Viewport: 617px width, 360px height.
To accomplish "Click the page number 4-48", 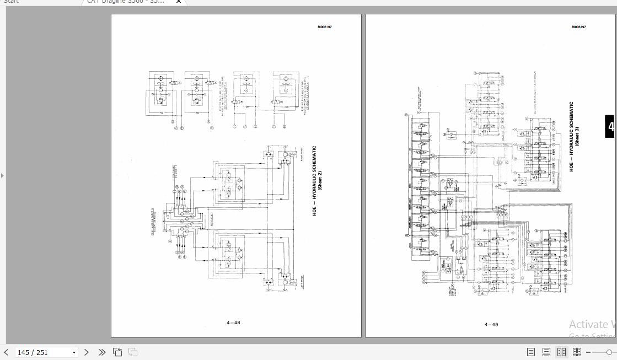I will tap(233, 323).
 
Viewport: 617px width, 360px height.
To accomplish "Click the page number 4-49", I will tap(491, 324).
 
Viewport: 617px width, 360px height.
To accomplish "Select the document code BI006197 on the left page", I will tap(324, 27).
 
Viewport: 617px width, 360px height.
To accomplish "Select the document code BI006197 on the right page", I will tap(579, 27).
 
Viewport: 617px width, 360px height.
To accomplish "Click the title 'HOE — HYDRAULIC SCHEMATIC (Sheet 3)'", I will tap(574, 136).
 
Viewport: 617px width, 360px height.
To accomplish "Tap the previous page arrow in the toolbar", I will tap(6, 352).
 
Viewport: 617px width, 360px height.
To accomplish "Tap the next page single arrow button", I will tap(87, 352).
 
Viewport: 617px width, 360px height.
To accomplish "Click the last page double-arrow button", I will tap(102, 352).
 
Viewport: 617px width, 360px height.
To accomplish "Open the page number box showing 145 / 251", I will tap(41, 353).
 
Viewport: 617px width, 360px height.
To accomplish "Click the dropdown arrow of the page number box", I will tap(74, 353).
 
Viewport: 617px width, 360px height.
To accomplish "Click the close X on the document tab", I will tap(178, 2).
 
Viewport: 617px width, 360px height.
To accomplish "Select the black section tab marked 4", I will tap(611, 127).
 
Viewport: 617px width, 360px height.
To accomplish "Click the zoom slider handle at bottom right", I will tap(609, 352).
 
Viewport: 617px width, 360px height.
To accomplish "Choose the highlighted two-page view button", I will tap(561, 352).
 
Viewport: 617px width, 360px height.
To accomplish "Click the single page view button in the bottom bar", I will tap(531, 352).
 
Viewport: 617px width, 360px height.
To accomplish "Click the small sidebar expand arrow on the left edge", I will tap(2, 175).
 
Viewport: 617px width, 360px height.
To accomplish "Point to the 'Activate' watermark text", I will tap(592, 325).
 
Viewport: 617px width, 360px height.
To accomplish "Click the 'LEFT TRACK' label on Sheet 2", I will tap(302, 283).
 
